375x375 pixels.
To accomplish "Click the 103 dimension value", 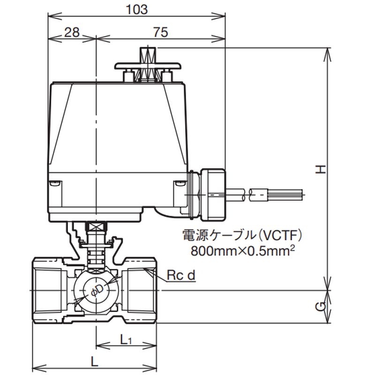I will [x=137, y=8].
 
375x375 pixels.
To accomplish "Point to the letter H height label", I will [x=320, y=169].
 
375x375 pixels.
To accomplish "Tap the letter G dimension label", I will [x=320, y=307].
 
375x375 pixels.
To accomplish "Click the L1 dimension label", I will [x=125, y=339].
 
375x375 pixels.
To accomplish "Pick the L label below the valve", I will [x=94, y=362].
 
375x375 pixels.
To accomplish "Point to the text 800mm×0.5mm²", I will [x=242, y=250].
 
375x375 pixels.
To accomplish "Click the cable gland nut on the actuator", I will [x=213, y=194].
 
